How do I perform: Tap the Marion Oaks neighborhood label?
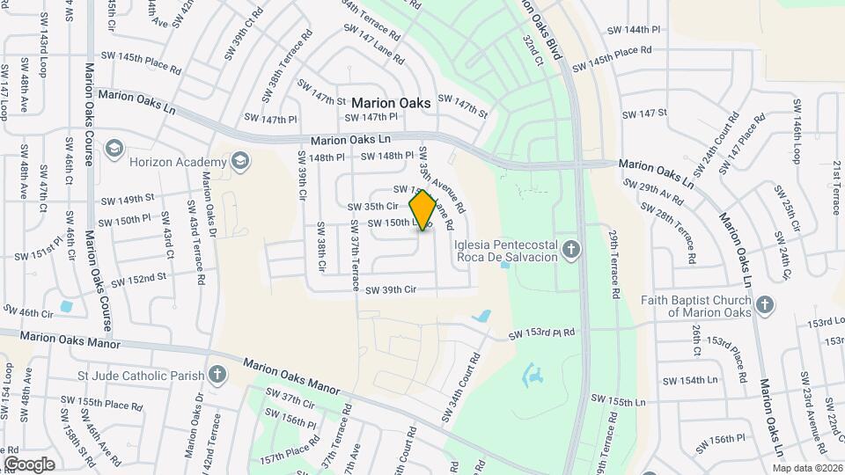(392, 103)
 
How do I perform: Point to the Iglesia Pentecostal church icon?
(571, 250)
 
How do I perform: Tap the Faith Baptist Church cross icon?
(765, 305)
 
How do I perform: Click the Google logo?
(29, 464)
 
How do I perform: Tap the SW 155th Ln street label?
(619, 401)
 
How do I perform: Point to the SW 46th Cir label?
(28, 312)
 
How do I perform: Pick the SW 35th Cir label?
(374, 206)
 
